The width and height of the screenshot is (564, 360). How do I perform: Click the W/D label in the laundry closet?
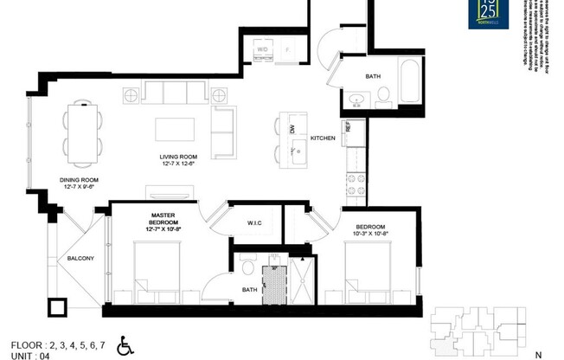[x=262, y=50]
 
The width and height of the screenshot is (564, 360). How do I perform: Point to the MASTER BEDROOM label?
[x=163, y=221]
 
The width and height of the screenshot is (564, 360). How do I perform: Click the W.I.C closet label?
[x=254, y=223]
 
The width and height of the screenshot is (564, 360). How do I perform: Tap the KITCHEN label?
[x=323, y=138]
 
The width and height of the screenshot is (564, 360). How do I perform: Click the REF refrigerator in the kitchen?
[x=348, y=126]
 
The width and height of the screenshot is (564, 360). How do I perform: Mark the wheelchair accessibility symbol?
[x=125, y=347]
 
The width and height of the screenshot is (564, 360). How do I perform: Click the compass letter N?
[x=538, y=354]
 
